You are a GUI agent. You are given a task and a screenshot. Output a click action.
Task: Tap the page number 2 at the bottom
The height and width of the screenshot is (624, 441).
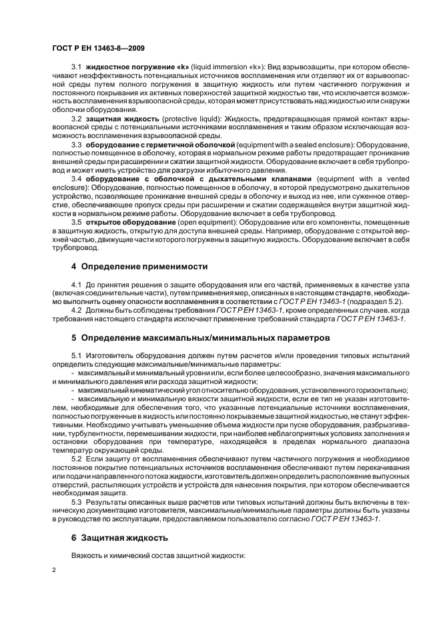54,571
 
